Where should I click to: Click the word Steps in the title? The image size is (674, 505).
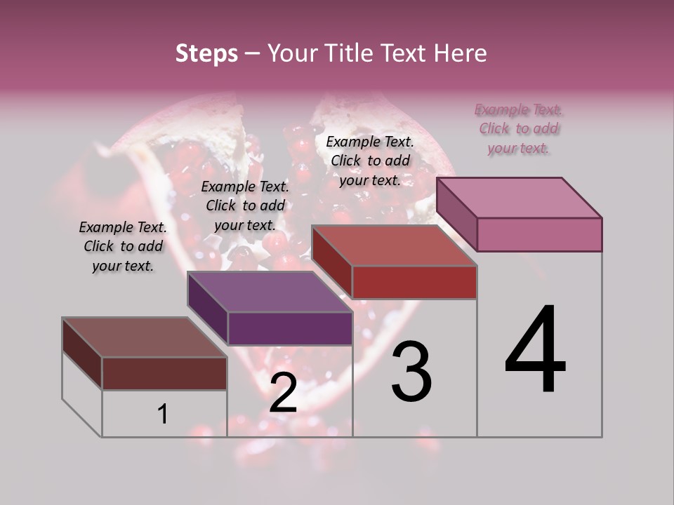pyautogui.click(x=206, y=53)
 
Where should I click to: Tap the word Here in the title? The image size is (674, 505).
pyautogui.click(x=459, y=53)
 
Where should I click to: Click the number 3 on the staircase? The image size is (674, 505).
pyautogui.click(x=411, y=372)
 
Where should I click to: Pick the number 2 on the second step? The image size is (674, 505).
pyautogui.click(x=283, y=393)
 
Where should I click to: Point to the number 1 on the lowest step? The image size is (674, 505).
pyautogui.click(x=162, y=414)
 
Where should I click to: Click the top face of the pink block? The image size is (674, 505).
pyautogui.click(x=520, y=198)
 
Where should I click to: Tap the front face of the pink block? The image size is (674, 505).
pyautogui.click(x=539, y=234)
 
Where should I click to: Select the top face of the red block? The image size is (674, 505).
pyautogui.click(x=395, y=245)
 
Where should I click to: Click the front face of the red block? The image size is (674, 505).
pyautogui.click(x=414, y=282)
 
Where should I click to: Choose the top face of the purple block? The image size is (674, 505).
pyautogui.click(x=270, y=292)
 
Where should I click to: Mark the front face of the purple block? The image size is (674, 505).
pyautogui.click(x=289, y=328)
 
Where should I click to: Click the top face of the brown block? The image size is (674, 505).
pyautogui.click(x=145, y=337)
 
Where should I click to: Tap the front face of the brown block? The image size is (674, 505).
pyautogui.click(x=164, y=373)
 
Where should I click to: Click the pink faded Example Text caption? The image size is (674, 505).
pyautogui.click(x=519, y=129)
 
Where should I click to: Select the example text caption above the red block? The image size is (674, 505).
pyautogui.click(x=370, y=161)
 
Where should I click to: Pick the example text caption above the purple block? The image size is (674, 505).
pyautogui.click(x=245, y=206)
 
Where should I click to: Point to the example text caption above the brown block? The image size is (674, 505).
pyautogui.click(x=123, y=246)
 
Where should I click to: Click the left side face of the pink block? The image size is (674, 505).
pyautogui.click(x=456, y=215)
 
